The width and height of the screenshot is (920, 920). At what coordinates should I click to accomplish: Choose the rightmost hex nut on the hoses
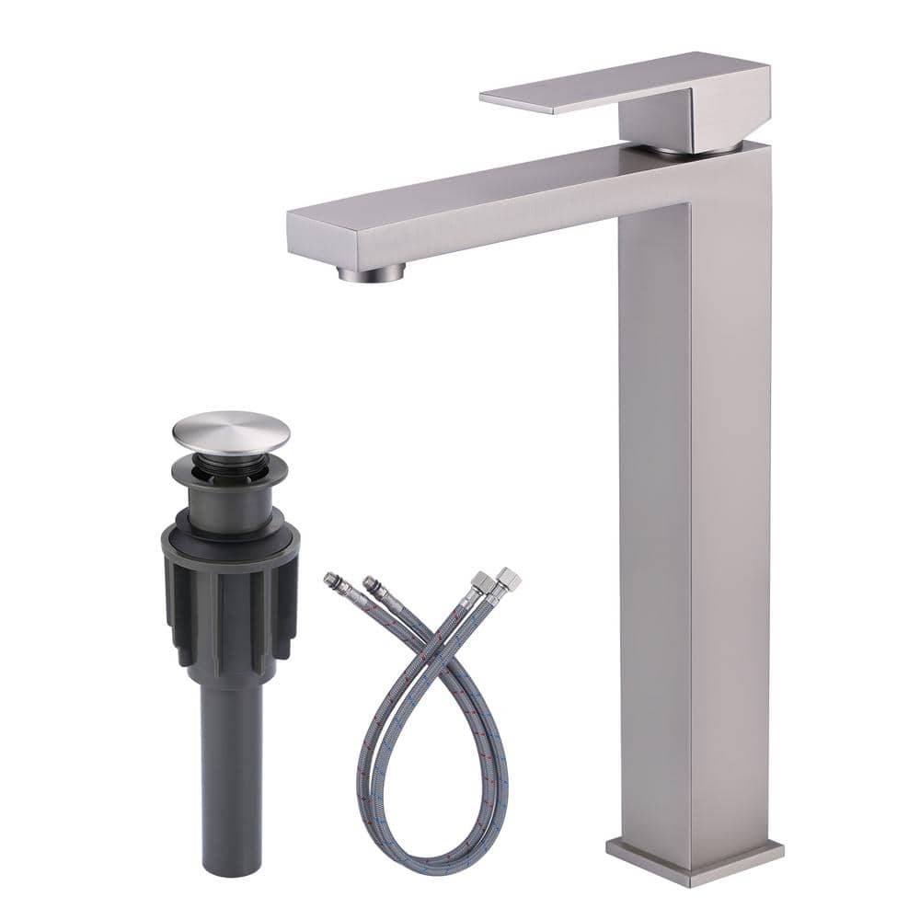pos(508,580)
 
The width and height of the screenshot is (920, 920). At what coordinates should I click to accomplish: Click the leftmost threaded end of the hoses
pos(332,581)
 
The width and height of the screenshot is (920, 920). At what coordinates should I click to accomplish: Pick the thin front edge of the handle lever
pos(515,103)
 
